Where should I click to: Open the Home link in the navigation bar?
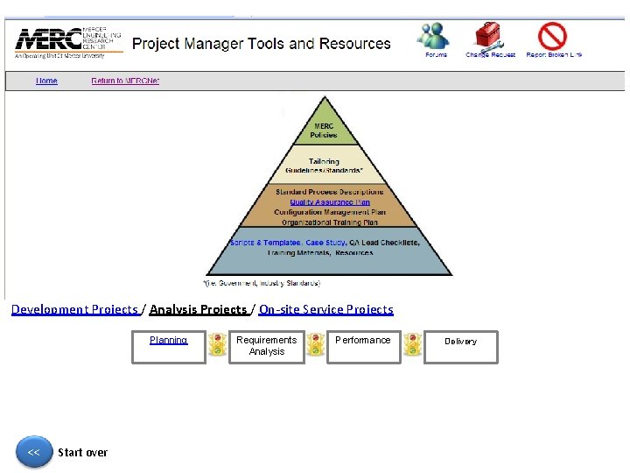tap(46, 81)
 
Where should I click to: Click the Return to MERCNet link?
tap(125, 81)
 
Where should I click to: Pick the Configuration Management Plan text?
tap(329, 212)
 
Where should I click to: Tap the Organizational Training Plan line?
tap(329, 222)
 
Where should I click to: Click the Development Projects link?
tap(74, 309)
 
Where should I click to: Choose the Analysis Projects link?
tap(198, 309)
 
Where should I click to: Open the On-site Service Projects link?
tap(325, 309)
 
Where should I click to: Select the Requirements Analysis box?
tap(266, 345)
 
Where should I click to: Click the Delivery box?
tap(460, 346)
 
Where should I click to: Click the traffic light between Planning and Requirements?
tap(217, 346)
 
